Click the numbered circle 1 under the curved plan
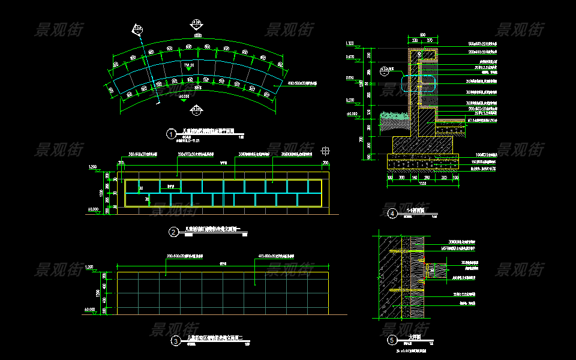pos(172,134)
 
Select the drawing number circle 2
pos(173,232)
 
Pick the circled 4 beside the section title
pos(392,213)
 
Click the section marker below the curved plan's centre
pos(196,109)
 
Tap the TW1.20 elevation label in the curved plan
pos(188,64)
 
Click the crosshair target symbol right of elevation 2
pos(326,150)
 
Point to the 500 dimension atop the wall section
pos(422,35)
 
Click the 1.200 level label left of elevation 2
pos(92,166)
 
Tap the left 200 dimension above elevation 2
pos(121,162)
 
